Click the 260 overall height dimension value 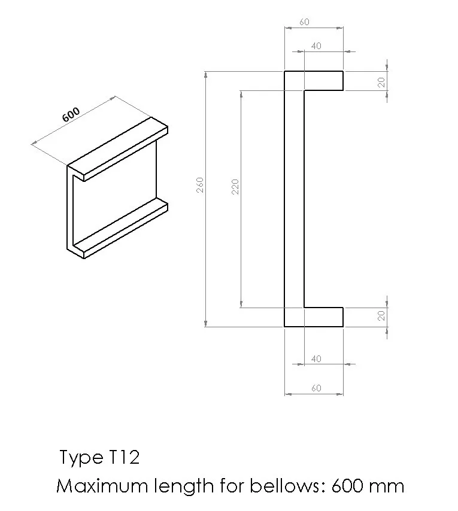[x=201, y=184]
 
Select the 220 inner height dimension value [x=235, y=186]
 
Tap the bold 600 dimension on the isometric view [x=71, y=114]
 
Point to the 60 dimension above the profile [x=304, y=22]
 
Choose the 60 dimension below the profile [x=316, y=388]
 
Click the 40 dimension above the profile [x=316, y=46]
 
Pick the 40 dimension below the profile [x=316, y=359]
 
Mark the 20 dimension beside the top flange [x=381, y=83]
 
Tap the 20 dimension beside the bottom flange [x=381, y=316]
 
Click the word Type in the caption [x=80, y=458]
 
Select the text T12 [x=125, y=458]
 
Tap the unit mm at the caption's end [x=387, y=486]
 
